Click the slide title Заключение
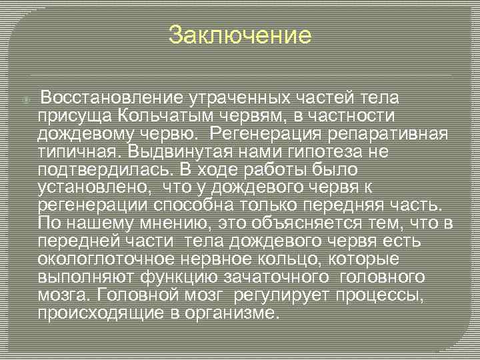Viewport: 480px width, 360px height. pos(240,35)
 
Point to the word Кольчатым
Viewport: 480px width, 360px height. pos(155,117)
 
